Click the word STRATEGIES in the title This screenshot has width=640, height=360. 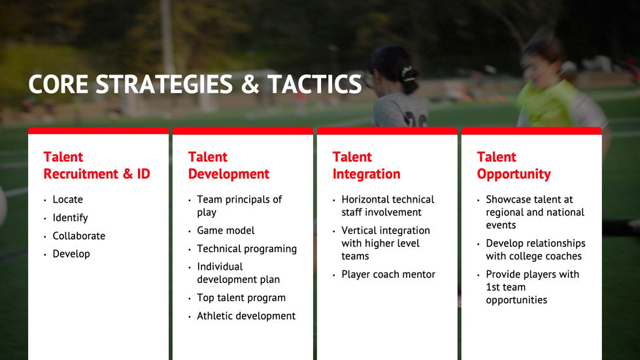point(164,84)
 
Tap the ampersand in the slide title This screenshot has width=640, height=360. point(250,84)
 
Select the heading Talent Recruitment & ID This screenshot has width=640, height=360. point(97,165)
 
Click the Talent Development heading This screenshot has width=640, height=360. point(229,165)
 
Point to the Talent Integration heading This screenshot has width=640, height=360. point(366,165)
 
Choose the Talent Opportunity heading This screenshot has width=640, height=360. point(513,165)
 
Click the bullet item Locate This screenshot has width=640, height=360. point(68,199)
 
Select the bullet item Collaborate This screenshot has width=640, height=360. point(79,236)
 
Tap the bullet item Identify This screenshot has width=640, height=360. point(70,218)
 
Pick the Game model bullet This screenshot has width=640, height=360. point(226,231)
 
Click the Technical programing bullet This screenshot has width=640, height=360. point(247,249)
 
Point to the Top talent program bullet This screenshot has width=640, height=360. point(241,298)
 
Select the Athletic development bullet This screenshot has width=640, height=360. point(246,316)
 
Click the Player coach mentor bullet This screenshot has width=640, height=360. point(388,274)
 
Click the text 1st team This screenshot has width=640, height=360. point(506,287)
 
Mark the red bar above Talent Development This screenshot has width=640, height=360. point(243,131)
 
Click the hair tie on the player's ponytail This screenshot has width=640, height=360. point(408,73)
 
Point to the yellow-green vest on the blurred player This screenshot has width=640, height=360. point(547,104)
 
